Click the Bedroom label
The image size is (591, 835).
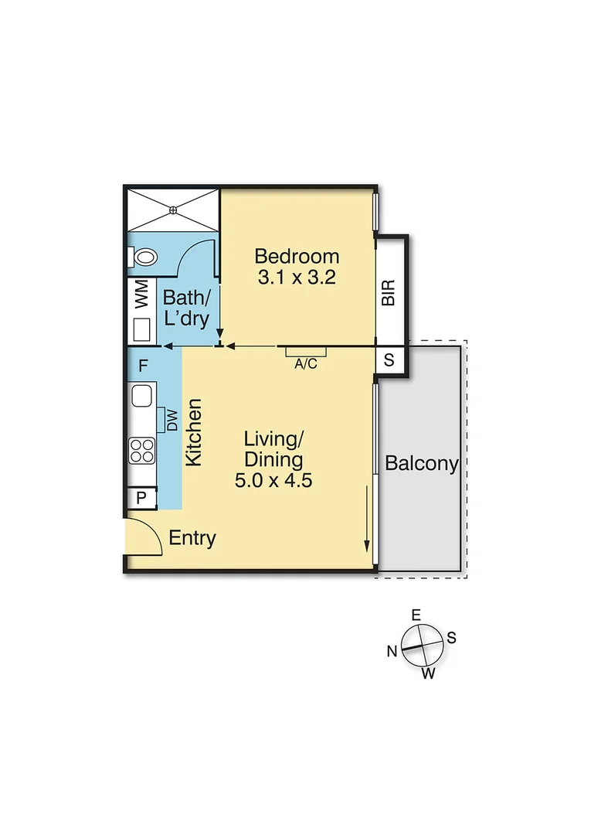[x=297, y=256]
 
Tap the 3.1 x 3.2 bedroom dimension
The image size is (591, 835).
[x=297, y=278]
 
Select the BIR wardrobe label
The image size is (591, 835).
[x=389, y=292]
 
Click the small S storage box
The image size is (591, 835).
[x=389, y=360]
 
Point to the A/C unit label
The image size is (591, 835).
[x=306, y=364]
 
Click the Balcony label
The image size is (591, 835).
[x=422, y=464]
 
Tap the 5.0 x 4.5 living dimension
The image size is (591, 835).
[x=273, y=480]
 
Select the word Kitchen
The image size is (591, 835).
[x=194, y=431]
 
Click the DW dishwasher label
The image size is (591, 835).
[x=172, y=421]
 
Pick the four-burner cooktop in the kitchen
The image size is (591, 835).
[x=142, y=450]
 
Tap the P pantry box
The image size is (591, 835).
[x=141, y=498]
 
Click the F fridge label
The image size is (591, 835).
[x=142, y=366]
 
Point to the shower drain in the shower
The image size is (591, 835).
[x=174, y=209]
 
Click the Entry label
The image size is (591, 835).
[x=192, y=539]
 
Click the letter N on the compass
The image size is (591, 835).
[x=392, y=651]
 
